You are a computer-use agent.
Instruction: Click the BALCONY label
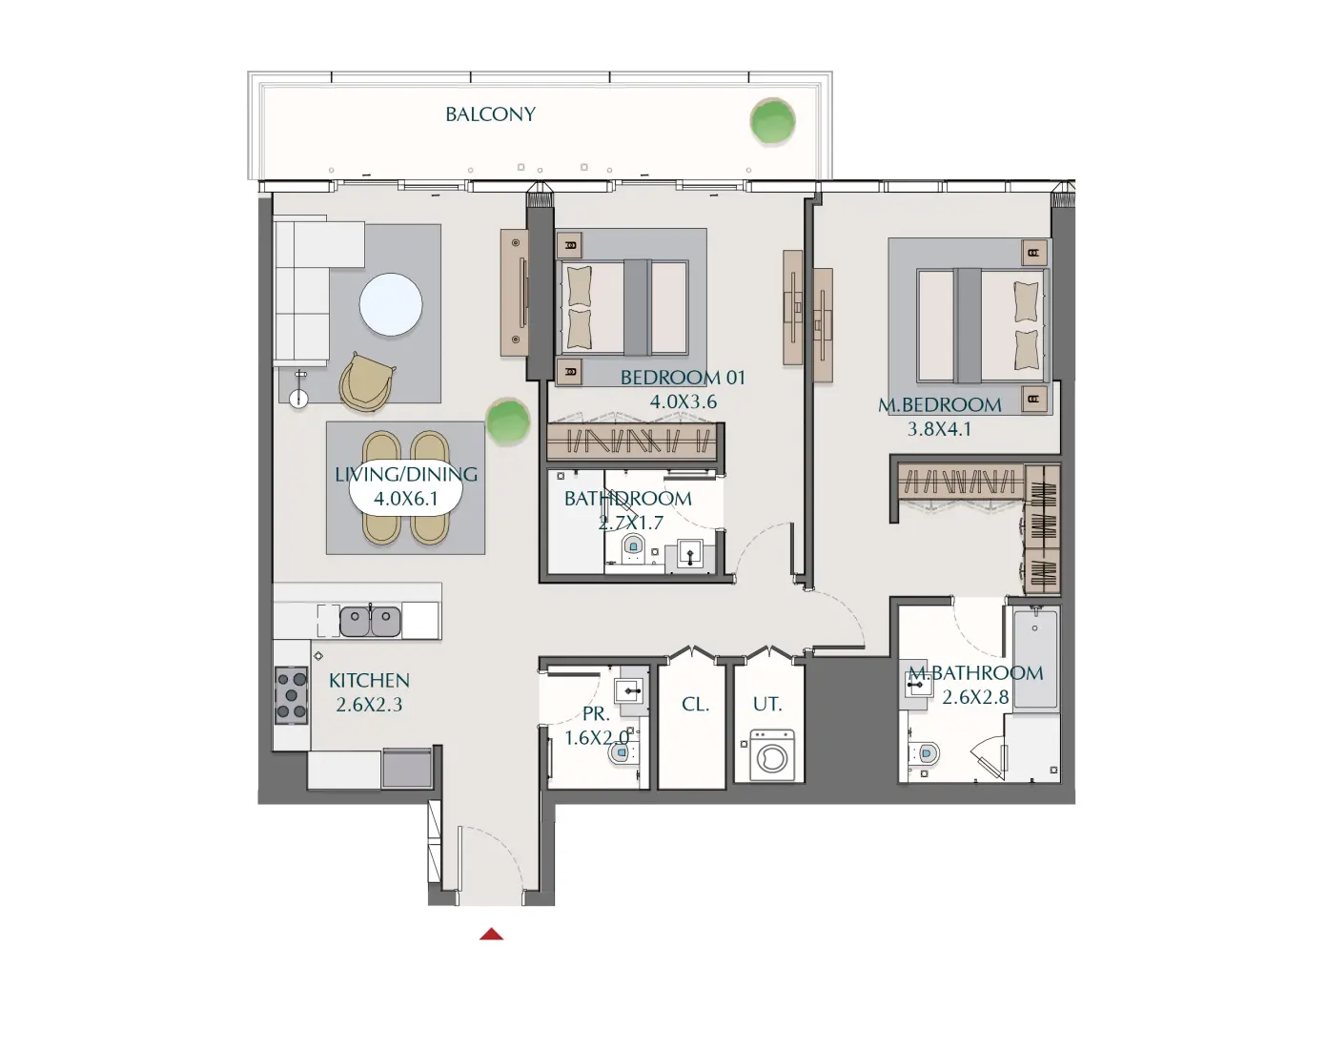(490, 114)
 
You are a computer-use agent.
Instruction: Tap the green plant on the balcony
(772, 122)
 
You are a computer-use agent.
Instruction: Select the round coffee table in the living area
(391, 304)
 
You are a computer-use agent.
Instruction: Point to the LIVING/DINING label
(406, 474)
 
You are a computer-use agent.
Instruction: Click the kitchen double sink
(371, 622)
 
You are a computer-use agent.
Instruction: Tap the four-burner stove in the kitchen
(292, 695)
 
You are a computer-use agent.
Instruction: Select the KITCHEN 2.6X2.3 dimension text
(369, 705)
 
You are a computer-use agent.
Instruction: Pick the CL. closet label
(695, 705)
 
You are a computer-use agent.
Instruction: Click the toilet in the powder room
(622, 752)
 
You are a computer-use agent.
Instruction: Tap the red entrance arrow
(491, 935)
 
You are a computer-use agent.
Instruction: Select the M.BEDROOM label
(939, 404)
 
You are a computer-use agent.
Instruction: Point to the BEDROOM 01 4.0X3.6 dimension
(683, 401)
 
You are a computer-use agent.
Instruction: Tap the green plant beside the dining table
(507, 422)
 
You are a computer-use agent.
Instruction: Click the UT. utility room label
(766, 705)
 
